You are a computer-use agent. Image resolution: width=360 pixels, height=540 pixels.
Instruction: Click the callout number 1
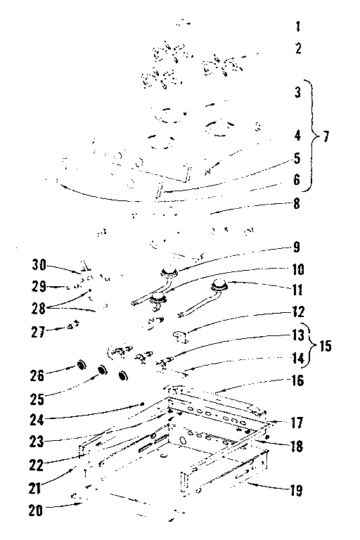(298, 27)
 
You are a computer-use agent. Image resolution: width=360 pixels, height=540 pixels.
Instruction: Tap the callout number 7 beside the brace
(326, 136)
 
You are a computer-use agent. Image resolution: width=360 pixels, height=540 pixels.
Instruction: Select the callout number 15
(326, 346)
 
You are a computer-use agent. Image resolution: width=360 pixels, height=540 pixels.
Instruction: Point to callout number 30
(39, 265)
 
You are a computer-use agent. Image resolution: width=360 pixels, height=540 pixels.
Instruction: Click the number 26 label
(37, 375)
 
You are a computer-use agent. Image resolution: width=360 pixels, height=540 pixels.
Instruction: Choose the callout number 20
(35, 510)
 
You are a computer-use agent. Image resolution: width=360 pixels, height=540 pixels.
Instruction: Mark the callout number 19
(296, 490)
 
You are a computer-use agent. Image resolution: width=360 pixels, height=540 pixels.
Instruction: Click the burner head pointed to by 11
(220, 285)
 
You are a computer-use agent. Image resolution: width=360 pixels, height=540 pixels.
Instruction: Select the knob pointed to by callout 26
(82, 365)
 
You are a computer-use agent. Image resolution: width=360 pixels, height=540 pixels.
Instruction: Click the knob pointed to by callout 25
(102, 371)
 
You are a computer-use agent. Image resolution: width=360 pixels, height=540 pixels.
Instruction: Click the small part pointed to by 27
(73, 325)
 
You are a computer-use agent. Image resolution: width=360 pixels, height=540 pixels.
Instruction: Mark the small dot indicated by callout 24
(141, 404)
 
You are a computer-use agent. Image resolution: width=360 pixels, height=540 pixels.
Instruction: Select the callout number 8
(297, 204)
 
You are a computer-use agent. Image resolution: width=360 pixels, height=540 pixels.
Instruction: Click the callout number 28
(39, 309)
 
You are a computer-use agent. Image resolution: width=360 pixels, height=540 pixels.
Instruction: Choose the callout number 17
(296, 423)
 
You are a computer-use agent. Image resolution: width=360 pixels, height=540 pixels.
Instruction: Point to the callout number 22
(36, 465)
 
